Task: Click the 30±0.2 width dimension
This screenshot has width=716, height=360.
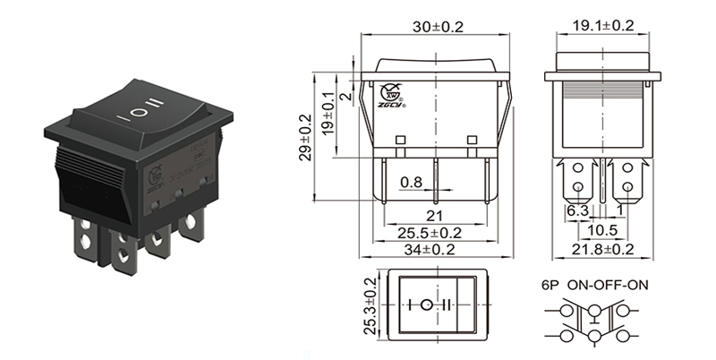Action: (439, 27)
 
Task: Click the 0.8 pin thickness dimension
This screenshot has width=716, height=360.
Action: (411, 182)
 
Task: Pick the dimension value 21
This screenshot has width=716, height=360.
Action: (436, 216)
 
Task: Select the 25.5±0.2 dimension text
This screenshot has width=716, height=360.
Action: (437, 233)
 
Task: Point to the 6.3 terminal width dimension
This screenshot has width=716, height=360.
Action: (577, 210)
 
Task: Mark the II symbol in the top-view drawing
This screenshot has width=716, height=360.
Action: (455, 304)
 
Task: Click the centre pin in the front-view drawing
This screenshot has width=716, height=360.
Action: (436, 179)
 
